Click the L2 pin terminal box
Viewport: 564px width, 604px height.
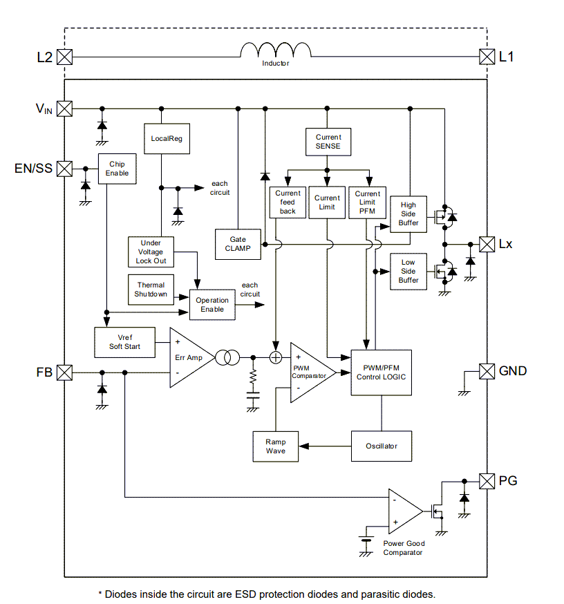pos(64,57)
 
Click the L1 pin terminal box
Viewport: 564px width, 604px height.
pos(487,57)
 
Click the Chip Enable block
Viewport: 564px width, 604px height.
pos(117,169)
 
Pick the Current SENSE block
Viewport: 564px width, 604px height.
pos(328,142)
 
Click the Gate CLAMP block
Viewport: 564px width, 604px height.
pos(238,244)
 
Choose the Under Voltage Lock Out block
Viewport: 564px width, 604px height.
pos(151,252)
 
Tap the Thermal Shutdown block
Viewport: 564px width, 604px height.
pos(151,289)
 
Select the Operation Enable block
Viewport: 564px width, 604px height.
pos(212,305)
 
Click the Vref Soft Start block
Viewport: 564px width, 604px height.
pos(124,341)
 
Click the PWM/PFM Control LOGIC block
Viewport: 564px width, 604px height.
pos(381,372)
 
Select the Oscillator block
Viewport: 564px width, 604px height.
pos(382,446)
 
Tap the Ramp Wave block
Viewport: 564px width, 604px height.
pos(275,446)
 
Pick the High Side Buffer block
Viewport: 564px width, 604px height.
pos(408,214)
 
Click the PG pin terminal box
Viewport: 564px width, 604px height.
pos(487,480)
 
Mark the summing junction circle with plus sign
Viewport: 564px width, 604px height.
pos(275,357)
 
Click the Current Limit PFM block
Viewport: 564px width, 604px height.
pos(367,202)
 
